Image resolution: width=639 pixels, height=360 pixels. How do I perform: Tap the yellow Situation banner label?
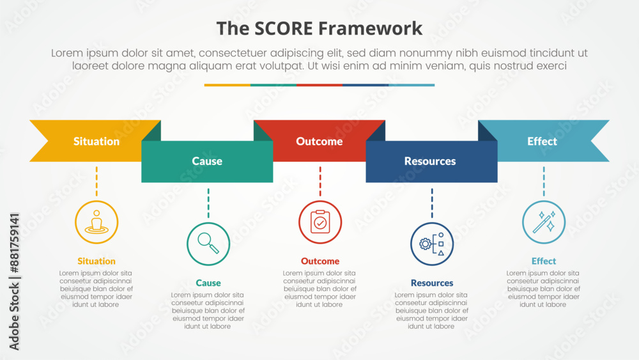pyautogui.click(x=96, y=141)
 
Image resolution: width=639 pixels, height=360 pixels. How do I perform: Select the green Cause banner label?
pyautogui.click(x=207, y=161)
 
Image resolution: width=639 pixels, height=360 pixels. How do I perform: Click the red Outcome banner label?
pyautogui.click(x=319, y=141)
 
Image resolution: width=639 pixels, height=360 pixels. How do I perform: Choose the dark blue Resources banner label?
pyautogui.click(x=430, y=161)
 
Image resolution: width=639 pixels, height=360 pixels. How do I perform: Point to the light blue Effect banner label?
pyautogui.click(x=542, y=141)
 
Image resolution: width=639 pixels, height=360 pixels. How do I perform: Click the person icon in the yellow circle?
pyautogui.click(x=96, y=222)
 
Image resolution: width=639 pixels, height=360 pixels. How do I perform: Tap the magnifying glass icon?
pyautogui.click(x=208, y=244)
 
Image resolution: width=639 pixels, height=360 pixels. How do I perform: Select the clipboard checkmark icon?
pyautogui.click(x=320, y=222)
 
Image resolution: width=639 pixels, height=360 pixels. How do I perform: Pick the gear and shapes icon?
pyautogui.click(x=432, y=244)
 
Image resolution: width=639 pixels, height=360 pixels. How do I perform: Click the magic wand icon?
pyautogui.click(x=544, y=222)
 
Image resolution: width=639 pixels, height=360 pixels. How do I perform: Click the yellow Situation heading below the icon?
pyautogui.click(x=96, y=261)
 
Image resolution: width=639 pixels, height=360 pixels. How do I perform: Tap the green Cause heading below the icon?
pyautogui.click(x=208, y=283)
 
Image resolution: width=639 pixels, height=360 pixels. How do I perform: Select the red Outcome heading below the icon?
pyautogui.click(x=320, y=261)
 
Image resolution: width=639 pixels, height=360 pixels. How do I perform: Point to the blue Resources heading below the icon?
pyautogui.click(x=432, y=283)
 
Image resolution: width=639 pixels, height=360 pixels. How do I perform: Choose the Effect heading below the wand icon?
pyautogui.click(x=544, y=261)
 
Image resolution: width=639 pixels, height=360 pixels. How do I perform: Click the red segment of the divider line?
pyautogui.click(x=319, y=84)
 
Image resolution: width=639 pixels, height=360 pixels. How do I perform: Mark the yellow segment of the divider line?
pyautogui.click(x=227, y=84)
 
